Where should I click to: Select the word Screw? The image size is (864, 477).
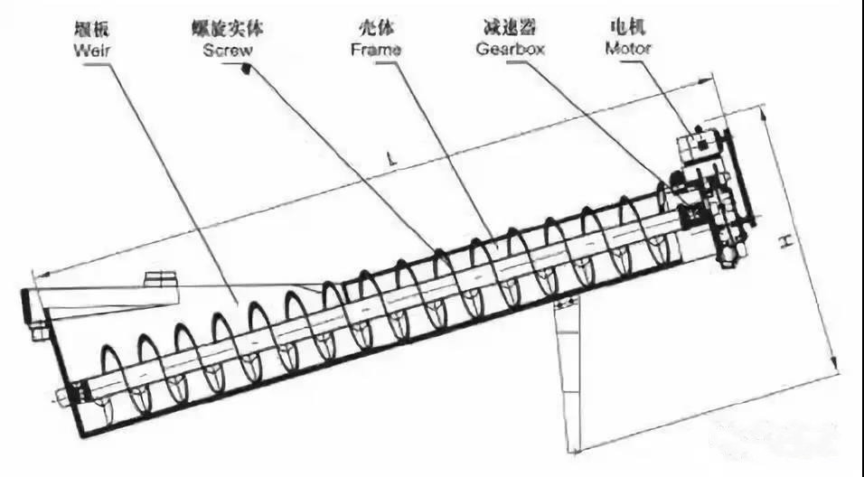click(x=227, y=50)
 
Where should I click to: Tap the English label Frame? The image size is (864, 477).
click(x=375, y=50)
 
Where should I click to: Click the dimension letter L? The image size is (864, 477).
click(x=391, y=159)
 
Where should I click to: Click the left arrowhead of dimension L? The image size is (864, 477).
click(x=33, y=273)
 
